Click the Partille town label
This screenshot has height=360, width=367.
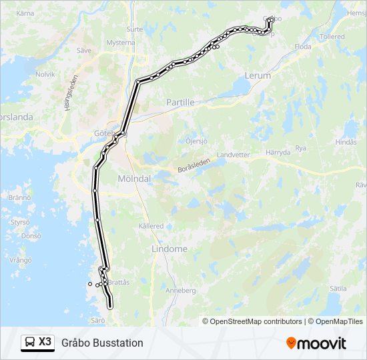(179, 103)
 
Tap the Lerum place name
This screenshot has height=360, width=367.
(258, 75)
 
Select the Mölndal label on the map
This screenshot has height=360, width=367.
(134, 179)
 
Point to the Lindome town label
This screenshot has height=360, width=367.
(169, 249)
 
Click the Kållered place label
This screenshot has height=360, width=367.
(151, 226)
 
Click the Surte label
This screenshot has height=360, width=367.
(135, 29)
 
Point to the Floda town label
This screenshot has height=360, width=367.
(303, 47)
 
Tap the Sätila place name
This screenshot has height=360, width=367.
(338, 289)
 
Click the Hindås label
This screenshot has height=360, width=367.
(346, 142)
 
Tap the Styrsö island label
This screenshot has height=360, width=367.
(20, 221)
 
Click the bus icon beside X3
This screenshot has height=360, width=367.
(30, 343)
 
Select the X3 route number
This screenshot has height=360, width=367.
(45, 342)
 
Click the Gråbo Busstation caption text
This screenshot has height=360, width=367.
(102, 343)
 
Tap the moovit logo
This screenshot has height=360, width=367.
(316, 343)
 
